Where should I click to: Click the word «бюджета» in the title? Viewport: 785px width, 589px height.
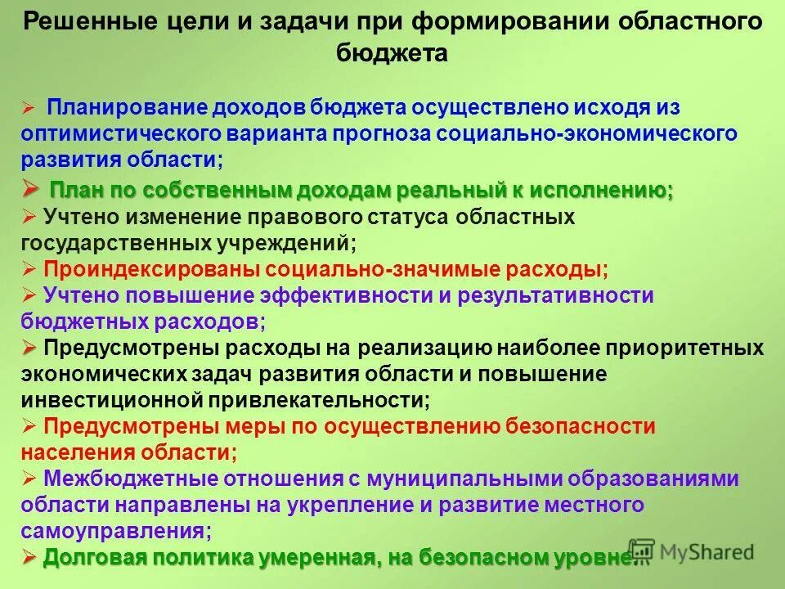392,55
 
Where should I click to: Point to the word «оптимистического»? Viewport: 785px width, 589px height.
123,133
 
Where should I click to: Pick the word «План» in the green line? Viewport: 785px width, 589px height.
74,191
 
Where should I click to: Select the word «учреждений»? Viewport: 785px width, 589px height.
289,243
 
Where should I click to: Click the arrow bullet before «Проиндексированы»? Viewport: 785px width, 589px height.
29,269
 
